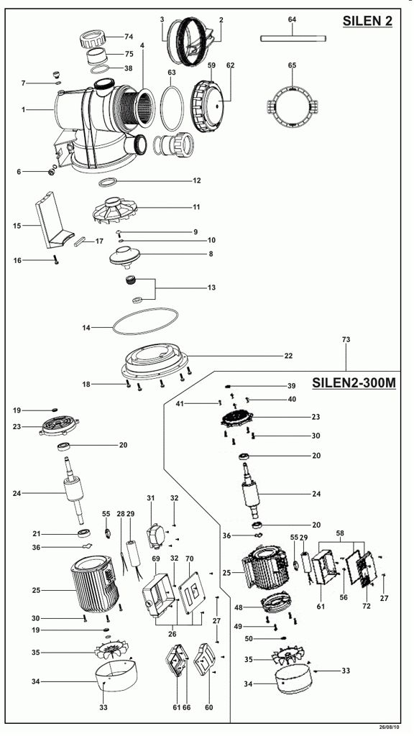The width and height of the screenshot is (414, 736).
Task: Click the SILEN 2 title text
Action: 367,21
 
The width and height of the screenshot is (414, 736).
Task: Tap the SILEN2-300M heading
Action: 354,383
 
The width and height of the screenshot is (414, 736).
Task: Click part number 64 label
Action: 292,19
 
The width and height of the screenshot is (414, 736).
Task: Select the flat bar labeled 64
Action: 293,39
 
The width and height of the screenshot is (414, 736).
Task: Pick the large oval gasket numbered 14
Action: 146,321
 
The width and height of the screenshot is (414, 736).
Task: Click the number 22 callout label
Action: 288,356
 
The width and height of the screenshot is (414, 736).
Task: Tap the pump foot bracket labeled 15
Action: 53,221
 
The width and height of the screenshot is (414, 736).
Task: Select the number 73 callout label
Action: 346,339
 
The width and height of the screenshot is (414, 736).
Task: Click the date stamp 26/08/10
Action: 390,727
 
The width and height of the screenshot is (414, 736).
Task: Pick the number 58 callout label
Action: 340,534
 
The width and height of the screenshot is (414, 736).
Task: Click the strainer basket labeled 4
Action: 138,106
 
